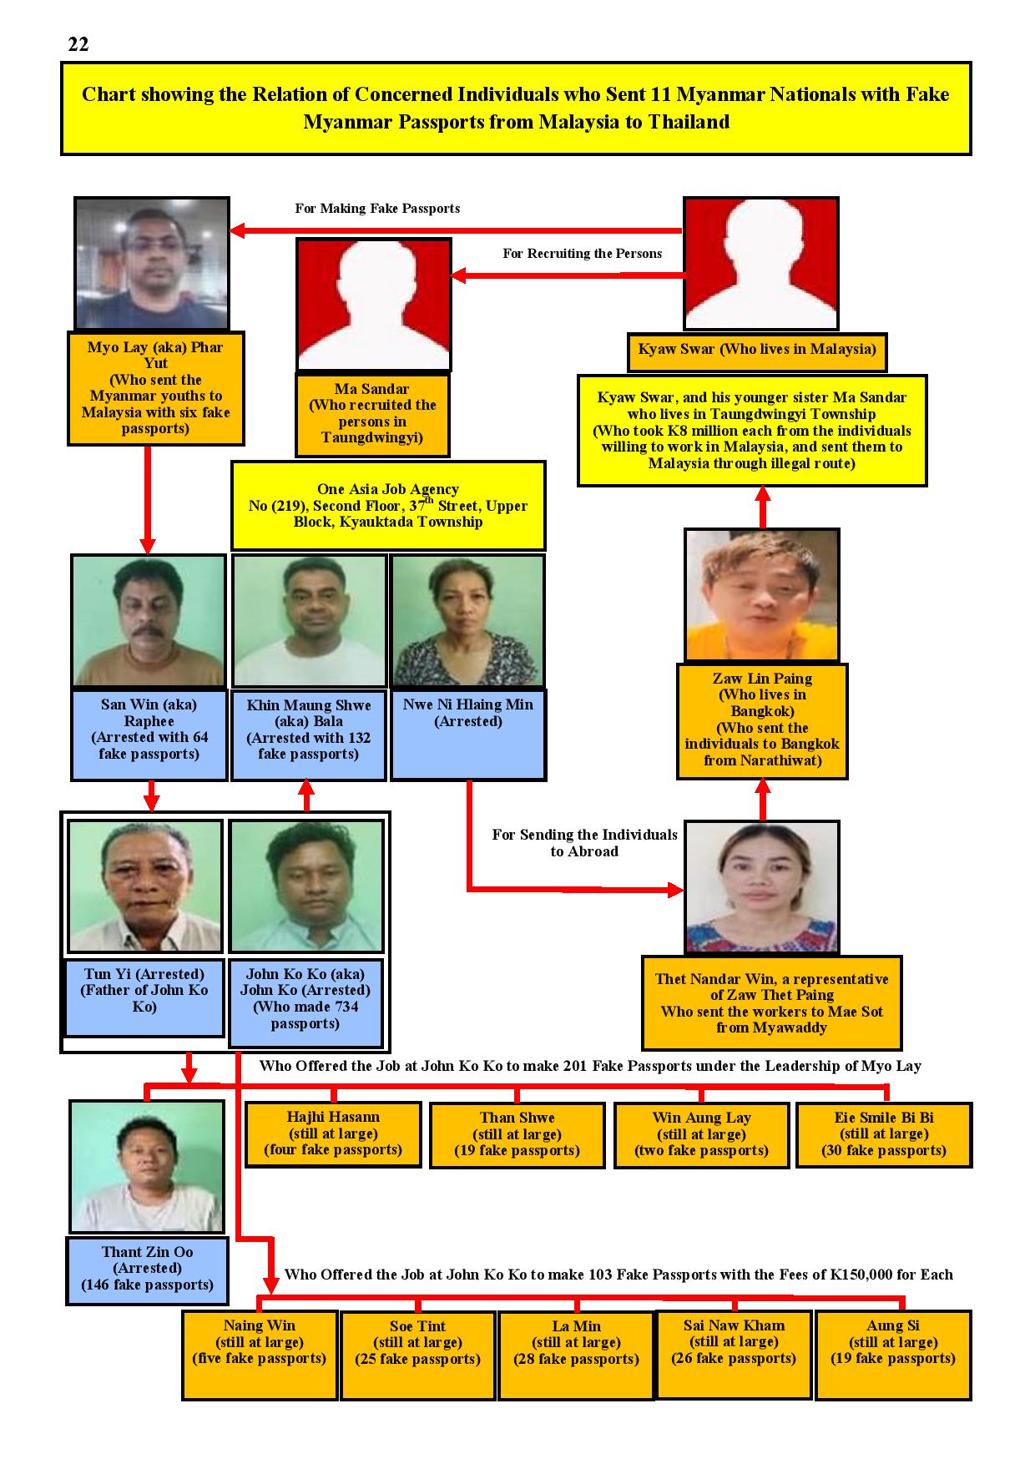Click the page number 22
tap(78, 44)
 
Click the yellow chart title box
tap(516, 109)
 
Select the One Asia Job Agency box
tap(388, 506)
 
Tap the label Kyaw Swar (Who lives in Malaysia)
tap(757, 350)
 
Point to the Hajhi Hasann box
tap(333, 1134)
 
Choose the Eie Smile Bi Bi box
tap(884, 1134)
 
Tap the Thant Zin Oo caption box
tap(147, 1270)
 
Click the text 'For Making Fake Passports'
tap(377, 209)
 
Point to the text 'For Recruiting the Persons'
tap(583, 254)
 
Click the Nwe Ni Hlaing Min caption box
tap(468, 735)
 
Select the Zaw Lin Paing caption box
tap(762, 721)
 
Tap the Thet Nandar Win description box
tap(772, 1002)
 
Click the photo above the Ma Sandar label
tap(374, 305)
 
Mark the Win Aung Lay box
tap(701, 1134)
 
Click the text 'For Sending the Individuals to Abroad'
tap(584, 843)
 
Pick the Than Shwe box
tap(517, 1134)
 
